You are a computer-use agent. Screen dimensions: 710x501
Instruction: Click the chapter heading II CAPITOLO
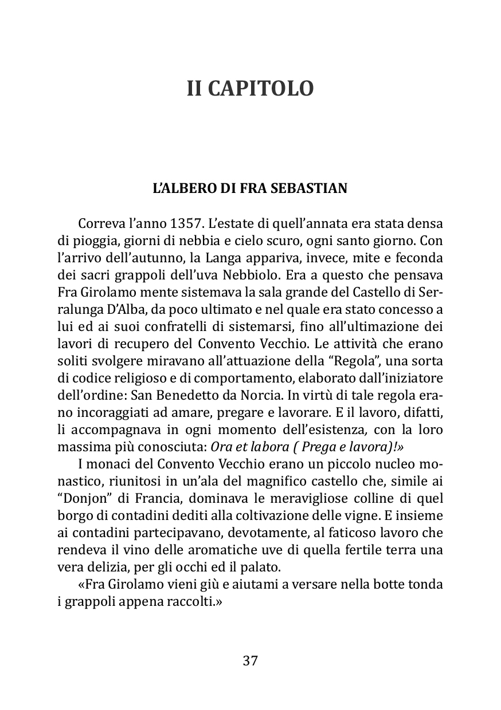tap(250, 89)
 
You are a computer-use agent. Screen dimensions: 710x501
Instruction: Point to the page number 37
tap(250, 660)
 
